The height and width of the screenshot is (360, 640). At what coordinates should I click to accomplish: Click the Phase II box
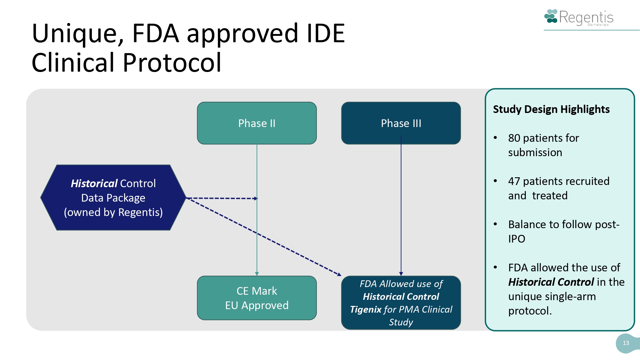[x=257, y=123]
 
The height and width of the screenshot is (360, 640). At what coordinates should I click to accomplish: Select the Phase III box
[x=401, y=123]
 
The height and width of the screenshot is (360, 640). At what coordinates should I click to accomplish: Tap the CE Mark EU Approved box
[x=257, y=298]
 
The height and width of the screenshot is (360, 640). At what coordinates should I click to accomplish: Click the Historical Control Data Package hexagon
[x=113, y=198]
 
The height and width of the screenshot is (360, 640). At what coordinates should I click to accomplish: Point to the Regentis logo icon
[x=551, y=17]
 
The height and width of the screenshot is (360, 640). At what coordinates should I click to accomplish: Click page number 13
[x=626, y=343]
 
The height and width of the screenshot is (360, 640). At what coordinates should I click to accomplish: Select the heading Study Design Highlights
[x=551, y=109]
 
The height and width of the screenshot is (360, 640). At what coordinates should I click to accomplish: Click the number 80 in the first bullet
[x=514, y=138]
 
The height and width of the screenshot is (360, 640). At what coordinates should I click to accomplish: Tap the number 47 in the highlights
[x=514, y=181]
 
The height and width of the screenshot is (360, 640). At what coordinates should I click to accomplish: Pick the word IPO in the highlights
[x=516, y=239]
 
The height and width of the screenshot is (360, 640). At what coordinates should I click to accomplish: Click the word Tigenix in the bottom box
[x=366, y=309]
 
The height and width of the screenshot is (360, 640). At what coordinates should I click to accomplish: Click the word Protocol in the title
[x=172, y=63]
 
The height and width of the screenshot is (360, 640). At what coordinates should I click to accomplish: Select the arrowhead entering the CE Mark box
[x=257, y=274]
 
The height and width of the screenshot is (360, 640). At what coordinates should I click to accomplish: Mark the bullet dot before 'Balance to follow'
[x=495, y=224]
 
